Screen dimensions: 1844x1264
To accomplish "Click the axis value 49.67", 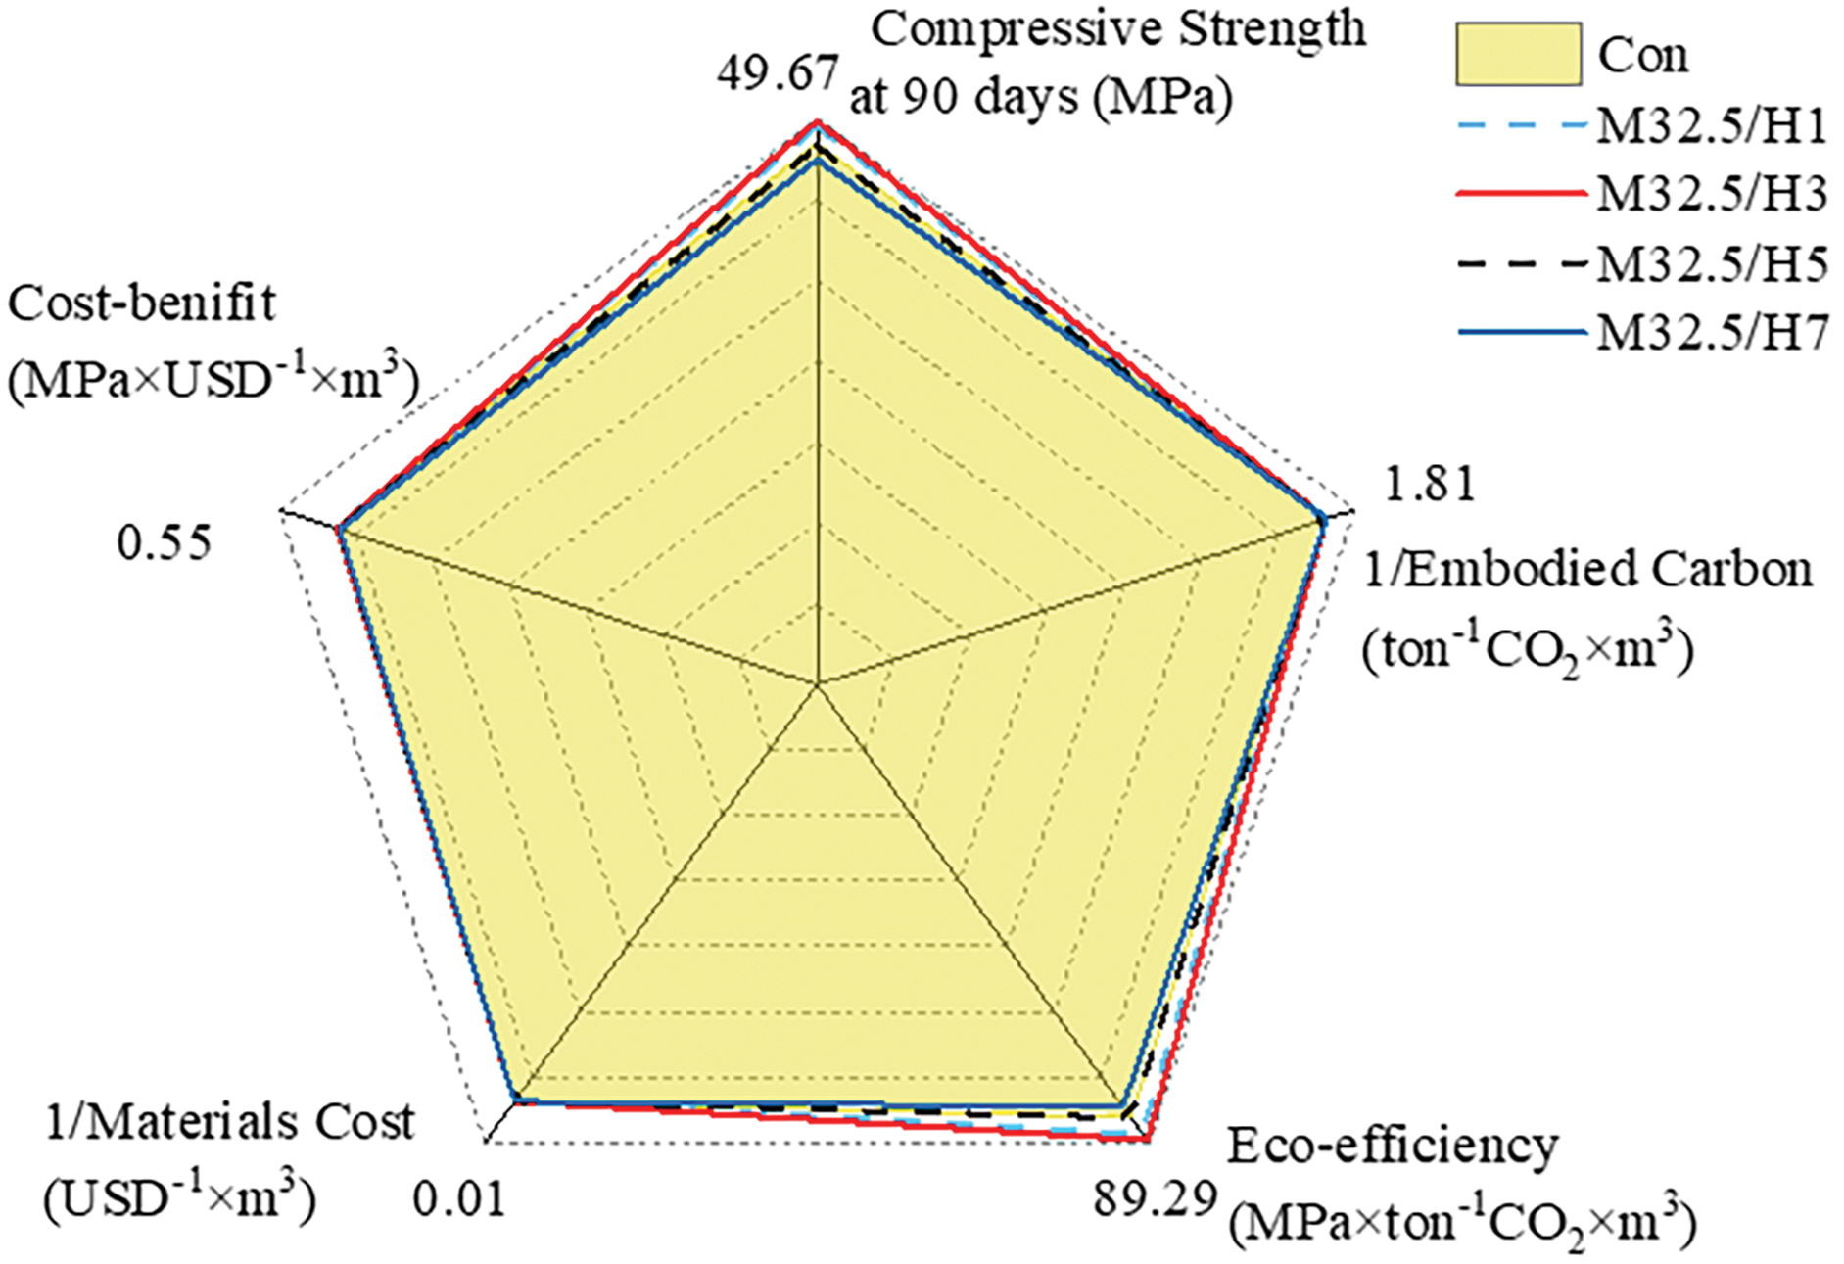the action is pyautogui.click(x=778, y=73).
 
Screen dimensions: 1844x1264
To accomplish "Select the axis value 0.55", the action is pyautogui.click(x=164, y=542).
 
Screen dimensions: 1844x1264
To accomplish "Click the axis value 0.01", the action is pyautogui.click(x=459, y=1198).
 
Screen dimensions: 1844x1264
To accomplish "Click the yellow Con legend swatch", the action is pyautogui.click(x=1518, y=54).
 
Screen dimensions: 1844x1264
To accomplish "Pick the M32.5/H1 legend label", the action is pyautogui.click(x=1712, y=125).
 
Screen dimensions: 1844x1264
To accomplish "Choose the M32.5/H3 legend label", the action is pyautogui.click(x=1712, y=194).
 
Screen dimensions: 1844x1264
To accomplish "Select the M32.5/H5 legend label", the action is pyautogui.click(x=1712, y=263).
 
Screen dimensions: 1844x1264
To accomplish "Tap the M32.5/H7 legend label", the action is pyautogui.click(x=1712, y=333).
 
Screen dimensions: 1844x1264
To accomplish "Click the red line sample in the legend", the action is pyautogui.click(x=1521, y=194).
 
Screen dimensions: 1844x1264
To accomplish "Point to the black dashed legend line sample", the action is pyautogui.click(x=1521, y=263).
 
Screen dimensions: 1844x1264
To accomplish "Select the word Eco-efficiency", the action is pyautogui.click(x=1392, y=1147).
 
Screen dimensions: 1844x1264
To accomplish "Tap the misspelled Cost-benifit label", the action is pyautogui.click(x=142, y=304).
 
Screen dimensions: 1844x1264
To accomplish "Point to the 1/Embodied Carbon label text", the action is pyautogui.click(x=1587, y=569).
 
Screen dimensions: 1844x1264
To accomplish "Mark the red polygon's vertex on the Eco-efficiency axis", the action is pyautogui.click(x=1150, y=1140).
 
